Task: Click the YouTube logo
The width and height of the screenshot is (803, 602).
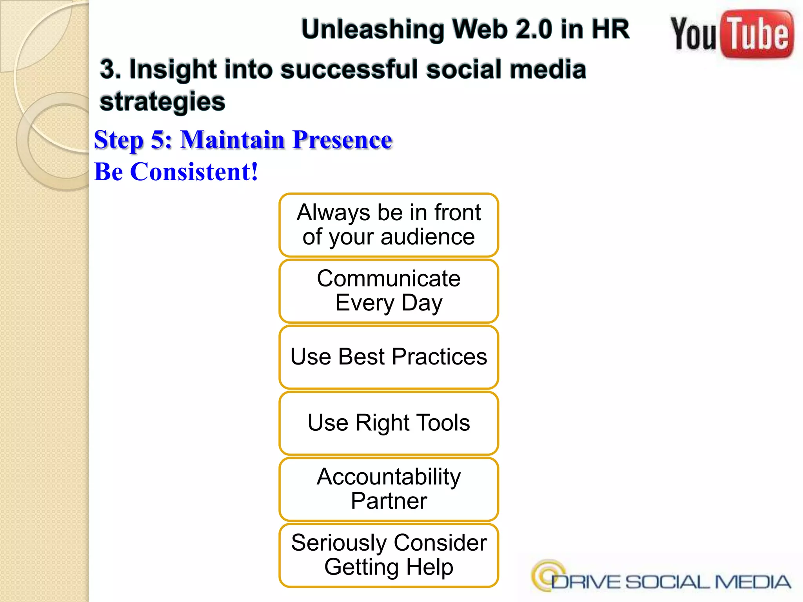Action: click(x=732, y=34)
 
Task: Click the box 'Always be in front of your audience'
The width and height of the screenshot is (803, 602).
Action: click(x=389, y=225)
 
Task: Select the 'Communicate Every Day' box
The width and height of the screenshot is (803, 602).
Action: click(x=389, y=291)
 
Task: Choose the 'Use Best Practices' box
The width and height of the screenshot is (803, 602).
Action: click(x=389, y=357)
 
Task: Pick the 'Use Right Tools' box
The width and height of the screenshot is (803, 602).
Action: click(x=389, y=423)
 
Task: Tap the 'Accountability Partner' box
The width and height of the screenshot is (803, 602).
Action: click(x=389, y=489)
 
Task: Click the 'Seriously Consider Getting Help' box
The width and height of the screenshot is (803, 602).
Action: click(x=389, y=555)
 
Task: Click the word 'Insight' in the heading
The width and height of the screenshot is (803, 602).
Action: click(x=173, y=69)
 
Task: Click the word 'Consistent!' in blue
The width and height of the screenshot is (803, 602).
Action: click(x=194, y=172)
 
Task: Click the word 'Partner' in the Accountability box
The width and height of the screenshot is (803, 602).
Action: click(x=389, y=501)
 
